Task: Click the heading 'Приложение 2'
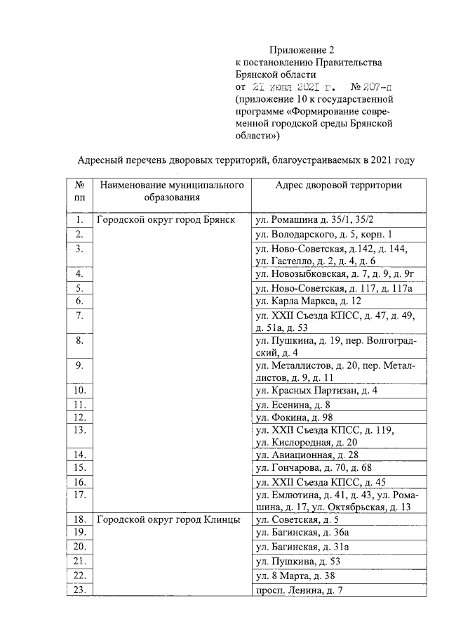pos(302,51)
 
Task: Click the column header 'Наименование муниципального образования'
pos(172,191)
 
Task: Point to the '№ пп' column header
pos(79,191)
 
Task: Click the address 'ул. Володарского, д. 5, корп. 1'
pos(323,233)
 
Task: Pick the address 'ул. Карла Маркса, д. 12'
pos(308,301)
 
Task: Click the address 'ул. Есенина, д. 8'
pos(293,405)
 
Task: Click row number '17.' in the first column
pos(79,494)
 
